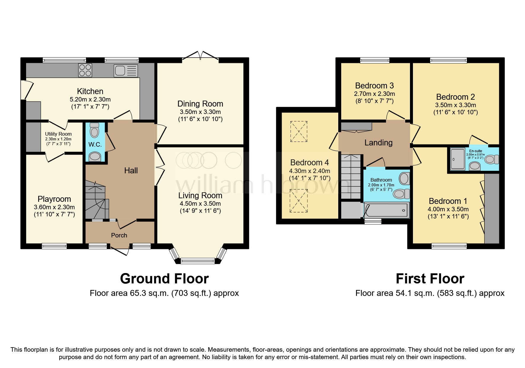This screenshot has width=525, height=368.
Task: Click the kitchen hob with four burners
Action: coord(85,70)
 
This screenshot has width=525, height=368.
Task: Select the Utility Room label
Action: coord(58,134)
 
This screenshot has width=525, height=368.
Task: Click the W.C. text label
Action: coord(95,145)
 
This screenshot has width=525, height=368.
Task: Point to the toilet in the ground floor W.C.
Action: coord(94,131)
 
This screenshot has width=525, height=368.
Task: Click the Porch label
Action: coord(119,235)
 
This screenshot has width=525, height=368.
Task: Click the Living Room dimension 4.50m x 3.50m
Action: coord(200,204)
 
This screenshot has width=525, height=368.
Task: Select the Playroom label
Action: coord(54,199)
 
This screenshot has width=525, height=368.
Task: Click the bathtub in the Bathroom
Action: coord(387,210)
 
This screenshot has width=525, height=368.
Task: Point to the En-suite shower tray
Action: coord(458,159)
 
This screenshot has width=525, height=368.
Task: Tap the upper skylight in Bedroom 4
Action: coord(299,131)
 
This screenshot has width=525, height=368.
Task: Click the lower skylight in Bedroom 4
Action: coord(299,201)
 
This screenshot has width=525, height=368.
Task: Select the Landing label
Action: coord(378,143)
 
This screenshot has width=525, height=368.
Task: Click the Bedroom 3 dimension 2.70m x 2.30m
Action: coord(374,94)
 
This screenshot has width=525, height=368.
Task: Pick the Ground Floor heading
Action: coord(164,279)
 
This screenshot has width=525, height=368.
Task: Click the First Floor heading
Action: coord(430,279)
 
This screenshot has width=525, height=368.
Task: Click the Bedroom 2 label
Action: coord(455,97)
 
